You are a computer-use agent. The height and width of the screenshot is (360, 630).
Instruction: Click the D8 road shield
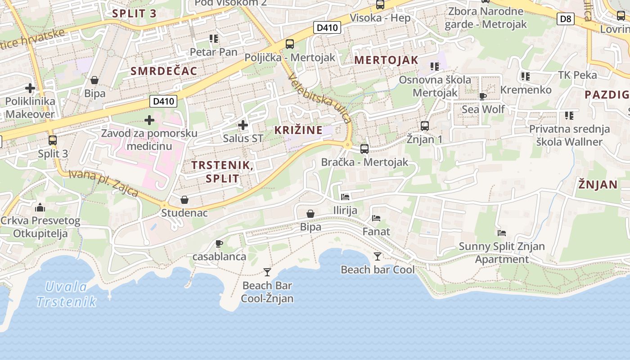(566, 18)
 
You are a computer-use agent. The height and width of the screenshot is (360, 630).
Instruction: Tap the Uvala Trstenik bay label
(66, 294)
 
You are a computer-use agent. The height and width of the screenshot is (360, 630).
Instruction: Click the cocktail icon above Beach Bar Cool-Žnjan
(267, 272)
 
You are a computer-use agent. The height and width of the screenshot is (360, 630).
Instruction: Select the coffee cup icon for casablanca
(219, 243)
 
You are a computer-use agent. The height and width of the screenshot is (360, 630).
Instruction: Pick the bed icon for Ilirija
(345, 197)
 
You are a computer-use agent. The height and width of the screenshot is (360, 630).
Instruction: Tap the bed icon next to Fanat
(376, 218)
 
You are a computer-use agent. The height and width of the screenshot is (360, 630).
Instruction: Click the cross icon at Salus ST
(243, 125)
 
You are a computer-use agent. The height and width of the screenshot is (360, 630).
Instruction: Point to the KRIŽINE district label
(298, 130)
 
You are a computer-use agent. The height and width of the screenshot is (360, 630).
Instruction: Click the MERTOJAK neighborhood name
(386, 60)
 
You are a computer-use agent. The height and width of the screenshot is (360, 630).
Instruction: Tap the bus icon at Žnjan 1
(424, 126)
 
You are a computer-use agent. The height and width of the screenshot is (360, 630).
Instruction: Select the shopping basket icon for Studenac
(184, 199)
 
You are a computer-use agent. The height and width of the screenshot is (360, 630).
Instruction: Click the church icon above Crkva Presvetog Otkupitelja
(40, 207)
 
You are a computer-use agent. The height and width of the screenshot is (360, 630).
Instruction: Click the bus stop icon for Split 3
(53, 140)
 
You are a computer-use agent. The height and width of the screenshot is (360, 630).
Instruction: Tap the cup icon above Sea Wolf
(483, 96)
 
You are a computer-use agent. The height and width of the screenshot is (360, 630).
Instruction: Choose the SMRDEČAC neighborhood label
(164, 71)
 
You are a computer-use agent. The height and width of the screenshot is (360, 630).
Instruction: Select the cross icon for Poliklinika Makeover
(30, 88)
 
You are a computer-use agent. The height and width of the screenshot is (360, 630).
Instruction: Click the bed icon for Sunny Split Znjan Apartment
(502, 233)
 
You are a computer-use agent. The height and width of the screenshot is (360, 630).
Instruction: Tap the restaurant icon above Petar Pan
(213, 39)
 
